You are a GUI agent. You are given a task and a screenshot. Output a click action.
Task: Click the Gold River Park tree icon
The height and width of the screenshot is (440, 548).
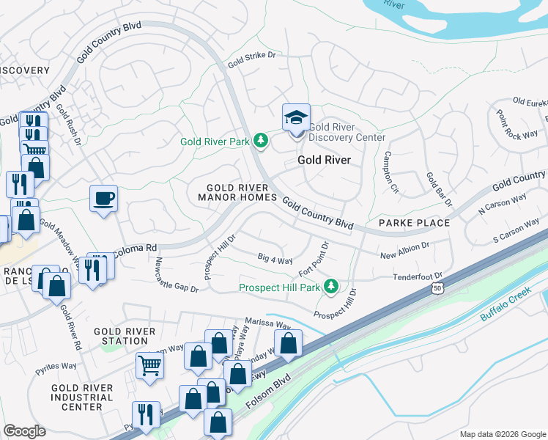(x=260, y=140)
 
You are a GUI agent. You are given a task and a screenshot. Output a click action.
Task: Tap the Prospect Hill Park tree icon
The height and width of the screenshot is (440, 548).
(x=332, y=285)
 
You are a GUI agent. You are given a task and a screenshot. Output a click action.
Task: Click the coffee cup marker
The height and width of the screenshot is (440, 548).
(x=103, y=198)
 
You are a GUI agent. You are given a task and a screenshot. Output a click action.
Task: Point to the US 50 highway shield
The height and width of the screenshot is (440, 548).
(x=437, y=289)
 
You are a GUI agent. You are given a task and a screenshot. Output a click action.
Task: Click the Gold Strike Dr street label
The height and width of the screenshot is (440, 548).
(x=255, y=59)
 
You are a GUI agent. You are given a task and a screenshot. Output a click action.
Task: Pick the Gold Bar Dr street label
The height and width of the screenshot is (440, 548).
(x=440, y=189)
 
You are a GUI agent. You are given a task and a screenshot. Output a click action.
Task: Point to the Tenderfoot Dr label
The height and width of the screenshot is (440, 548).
(x=418, y=276)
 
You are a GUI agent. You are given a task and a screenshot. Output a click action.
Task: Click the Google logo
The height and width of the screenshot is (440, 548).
(x=24, y=431)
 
